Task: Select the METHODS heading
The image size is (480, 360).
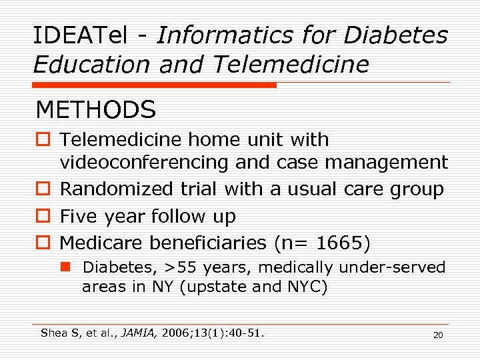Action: [x=96, y=109]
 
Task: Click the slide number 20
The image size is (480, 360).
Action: [x=438, y=335]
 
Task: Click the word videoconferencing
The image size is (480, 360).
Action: [x=144, y=162]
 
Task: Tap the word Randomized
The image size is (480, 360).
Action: [x=116, y=189]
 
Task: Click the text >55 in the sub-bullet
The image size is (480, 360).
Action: [x=178, y=267]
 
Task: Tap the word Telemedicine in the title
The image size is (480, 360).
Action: [x=291, y=65]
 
